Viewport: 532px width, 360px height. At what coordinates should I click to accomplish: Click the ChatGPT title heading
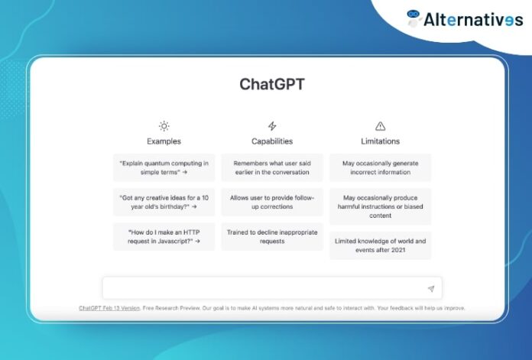(271, 84)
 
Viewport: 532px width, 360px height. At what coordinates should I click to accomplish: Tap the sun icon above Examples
(164, 126)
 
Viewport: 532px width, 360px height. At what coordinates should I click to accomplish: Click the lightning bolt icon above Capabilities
(271, 126)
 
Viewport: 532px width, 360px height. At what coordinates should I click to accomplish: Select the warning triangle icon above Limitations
(380, 126)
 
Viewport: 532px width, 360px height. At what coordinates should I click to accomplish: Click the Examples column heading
(164, 141)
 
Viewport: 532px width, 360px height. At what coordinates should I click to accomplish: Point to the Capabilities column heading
(271, 141)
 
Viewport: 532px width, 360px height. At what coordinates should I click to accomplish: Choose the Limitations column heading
(380, 141)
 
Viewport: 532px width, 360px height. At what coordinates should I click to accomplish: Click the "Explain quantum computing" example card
(164, 167)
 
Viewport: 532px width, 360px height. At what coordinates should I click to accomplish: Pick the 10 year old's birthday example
(164, 202)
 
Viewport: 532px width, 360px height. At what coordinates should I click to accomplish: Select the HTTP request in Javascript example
(164, 236)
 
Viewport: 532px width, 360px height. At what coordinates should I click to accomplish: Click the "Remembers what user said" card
(271, 167)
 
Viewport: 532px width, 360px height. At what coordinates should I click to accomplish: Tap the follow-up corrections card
(271, 202)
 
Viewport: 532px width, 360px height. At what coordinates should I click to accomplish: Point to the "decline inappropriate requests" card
(271, 236)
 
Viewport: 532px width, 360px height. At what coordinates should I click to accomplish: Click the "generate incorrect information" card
(380, 167)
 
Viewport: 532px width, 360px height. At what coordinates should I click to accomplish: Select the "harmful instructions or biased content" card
(380, 206)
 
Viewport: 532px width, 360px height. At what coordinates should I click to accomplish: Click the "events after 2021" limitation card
(380, 245)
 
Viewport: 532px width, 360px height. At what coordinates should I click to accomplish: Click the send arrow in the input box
(431, 288)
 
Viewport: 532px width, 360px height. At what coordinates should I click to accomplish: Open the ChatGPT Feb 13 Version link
(109, 308)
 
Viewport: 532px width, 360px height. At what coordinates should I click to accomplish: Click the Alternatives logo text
(473, 19)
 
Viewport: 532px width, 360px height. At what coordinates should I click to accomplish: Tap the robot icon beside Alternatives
(414, 18)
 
